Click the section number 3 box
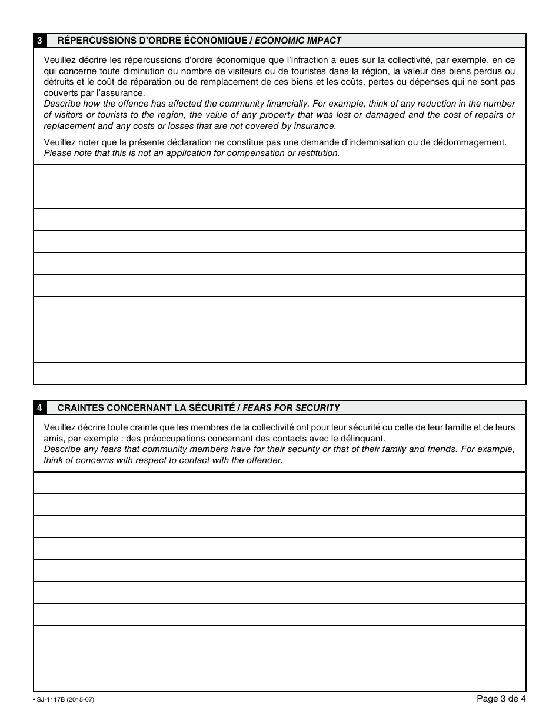click(x=39, y=41)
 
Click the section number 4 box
click(x=39, y=407)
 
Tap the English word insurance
click(x=312, y=125)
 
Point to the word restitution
click(x=317, y=153)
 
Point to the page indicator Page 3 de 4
click(x=501, y=699)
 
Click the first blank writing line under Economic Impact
click(x=279, y=176)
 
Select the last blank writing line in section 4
click(x=279, y=680)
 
